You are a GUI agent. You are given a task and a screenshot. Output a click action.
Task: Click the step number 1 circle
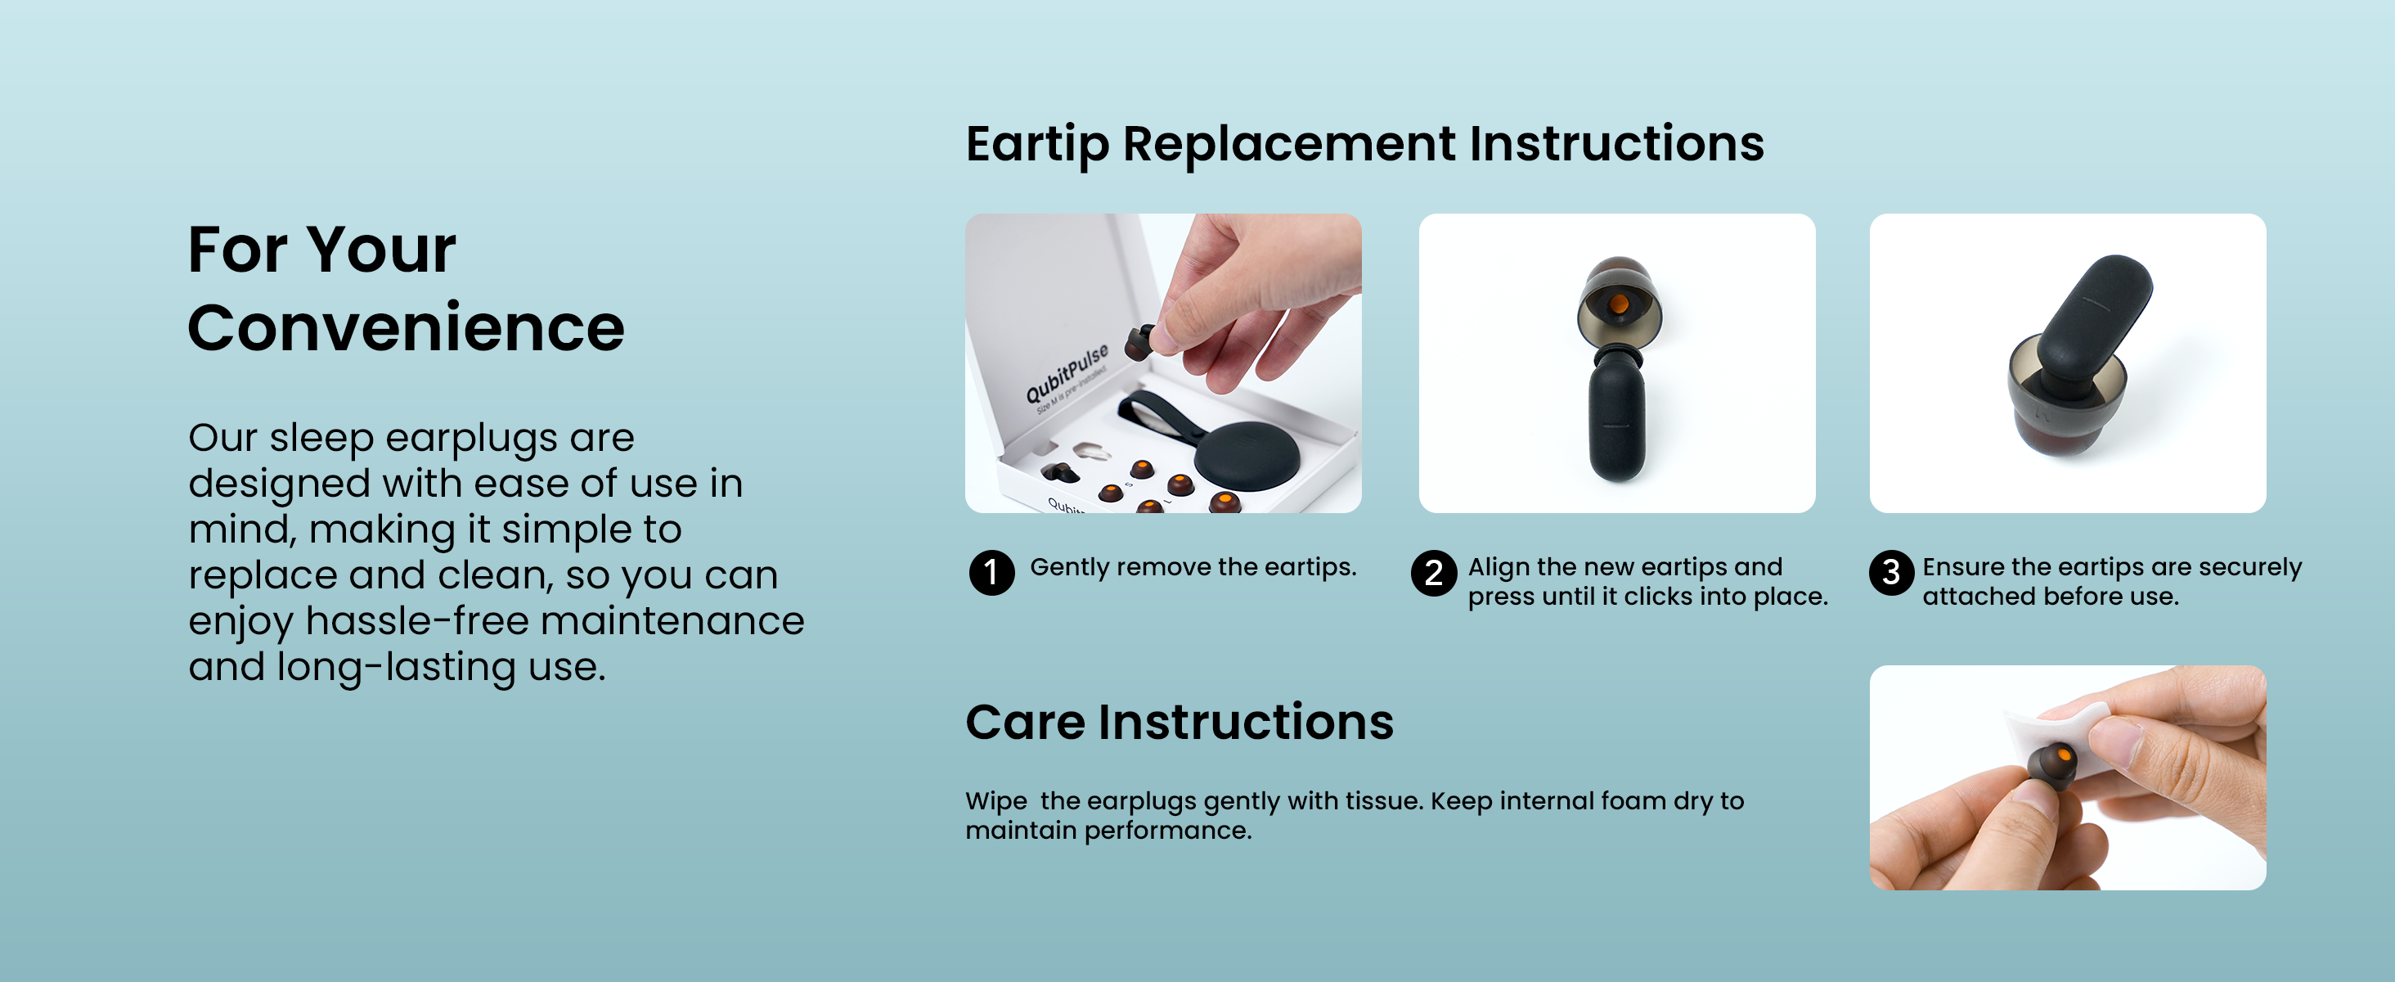click(x=991, y=572)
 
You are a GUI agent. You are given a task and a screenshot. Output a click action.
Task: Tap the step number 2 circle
click(x=1434, y=572)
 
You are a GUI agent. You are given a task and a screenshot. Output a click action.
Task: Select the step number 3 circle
click(x=1891, y=572)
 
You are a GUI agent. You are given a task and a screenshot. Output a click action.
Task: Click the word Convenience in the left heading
click(x=407, y=328)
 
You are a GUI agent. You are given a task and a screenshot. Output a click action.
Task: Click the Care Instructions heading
click(x=1180, y=722)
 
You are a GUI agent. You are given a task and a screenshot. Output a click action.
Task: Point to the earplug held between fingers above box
click(x=1142, y=342)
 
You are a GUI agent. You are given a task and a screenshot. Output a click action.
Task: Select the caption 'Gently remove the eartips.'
click(x=1193, y=566)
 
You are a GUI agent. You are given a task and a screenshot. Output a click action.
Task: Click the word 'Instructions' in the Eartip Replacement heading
click(x=1617, y=143)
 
